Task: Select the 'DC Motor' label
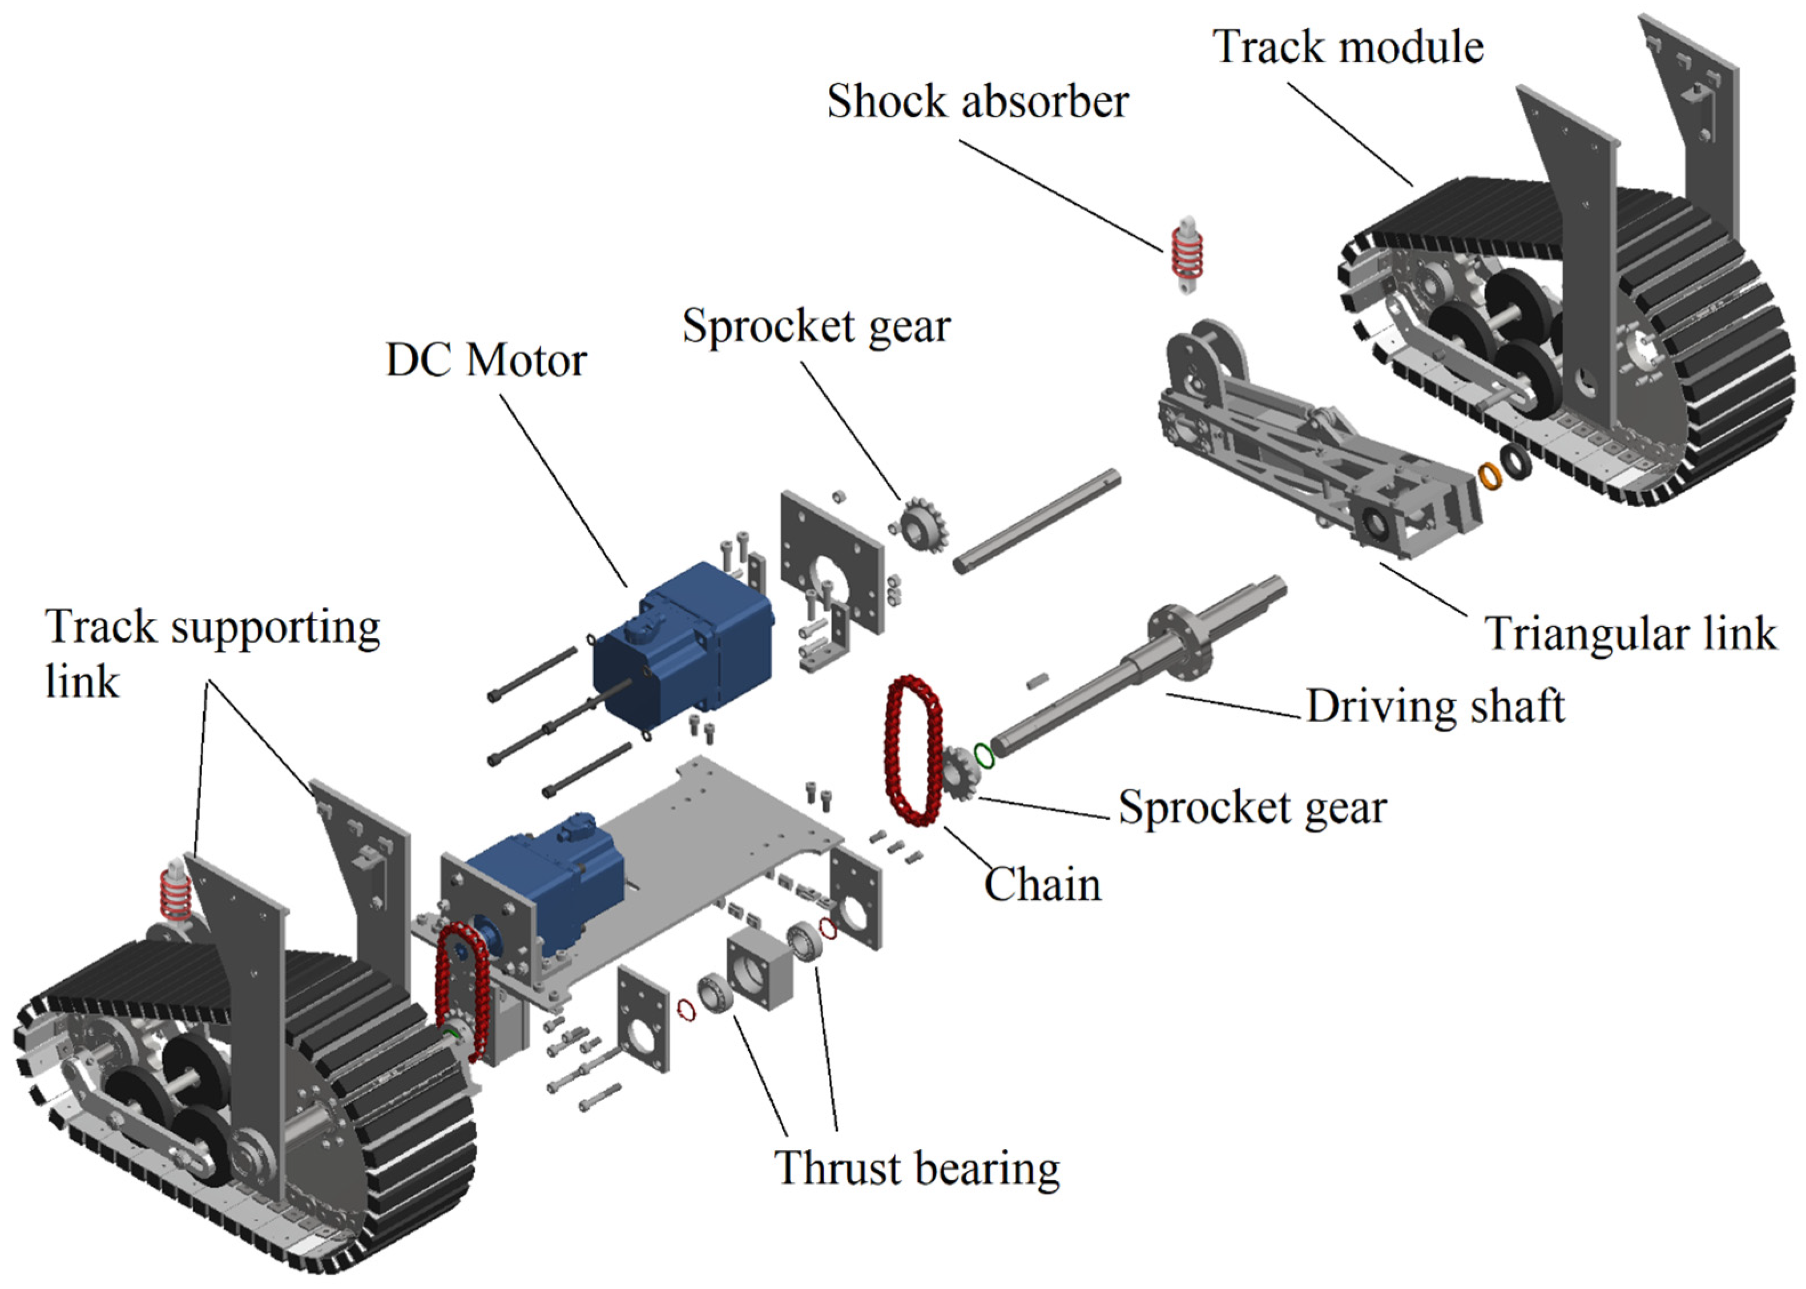486,361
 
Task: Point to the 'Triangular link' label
1631,634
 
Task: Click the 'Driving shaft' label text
1434,706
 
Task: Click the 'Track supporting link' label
212,653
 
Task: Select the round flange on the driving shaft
1180,641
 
